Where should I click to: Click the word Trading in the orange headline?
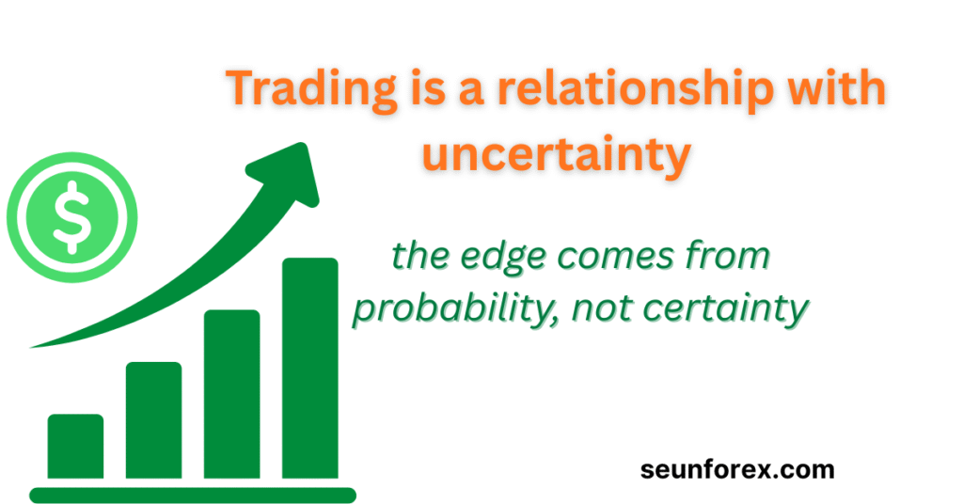coord(311,90)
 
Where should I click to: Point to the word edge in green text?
coord(503,257)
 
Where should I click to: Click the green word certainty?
coord(725,308)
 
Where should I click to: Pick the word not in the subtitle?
coord(603,308)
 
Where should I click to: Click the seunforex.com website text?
coord(737,469)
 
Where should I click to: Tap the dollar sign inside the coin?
coord(72,217)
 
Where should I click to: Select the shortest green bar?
coord(75,447)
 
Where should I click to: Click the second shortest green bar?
coord(153,420)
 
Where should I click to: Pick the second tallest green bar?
coord(231,394)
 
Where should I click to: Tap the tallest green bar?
coord(310,368)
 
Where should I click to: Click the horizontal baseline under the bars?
coord(193,495)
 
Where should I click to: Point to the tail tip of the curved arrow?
coord(31,348)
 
